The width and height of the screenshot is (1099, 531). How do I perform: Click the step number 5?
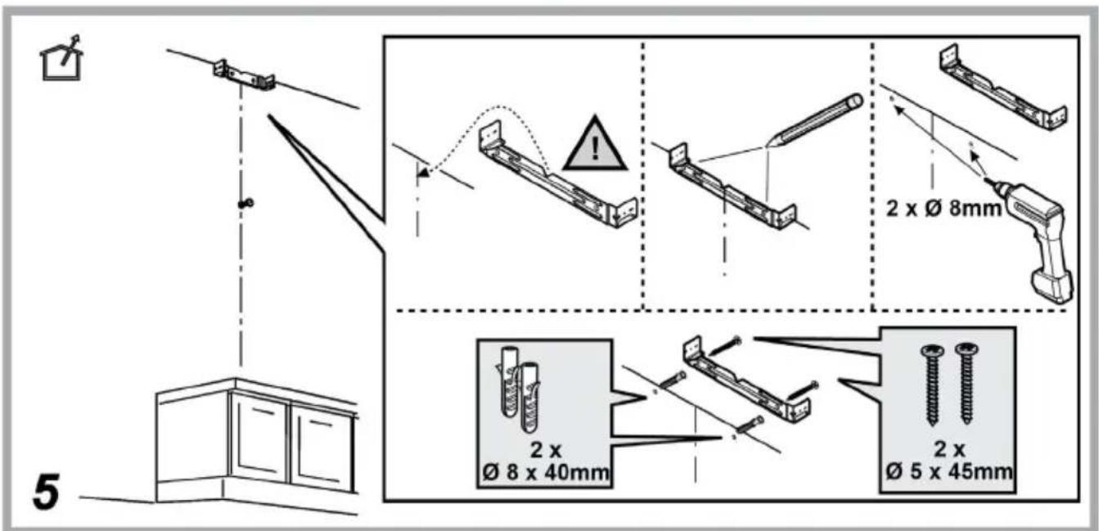coord(47,491)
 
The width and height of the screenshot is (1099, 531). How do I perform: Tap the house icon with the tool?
coord(61,58)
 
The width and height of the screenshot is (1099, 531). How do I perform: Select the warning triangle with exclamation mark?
coord(595,144)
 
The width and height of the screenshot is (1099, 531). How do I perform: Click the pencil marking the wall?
coord(813,121)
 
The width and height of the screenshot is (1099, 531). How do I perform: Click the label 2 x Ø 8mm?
coord(943,209)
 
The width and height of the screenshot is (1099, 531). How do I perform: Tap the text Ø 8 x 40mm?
coord(546,473)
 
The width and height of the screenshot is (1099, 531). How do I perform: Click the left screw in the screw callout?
coord(932,384)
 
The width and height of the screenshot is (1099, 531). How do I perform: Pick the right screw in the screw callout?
coord(966,383)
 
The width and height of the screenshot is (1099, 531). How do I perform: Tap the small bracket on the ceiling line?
coord(244,75)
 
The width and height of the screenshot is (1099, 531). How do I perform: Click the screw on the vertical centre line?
coord(245,203)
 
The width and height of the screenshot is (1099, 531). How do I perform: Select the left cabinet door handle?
coord(263,412)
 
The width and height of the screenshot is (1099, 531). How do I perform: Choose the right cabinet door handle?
coord(322,423)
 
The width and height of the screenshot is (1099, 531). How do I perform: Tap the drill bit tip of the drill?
coord(986,180)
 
